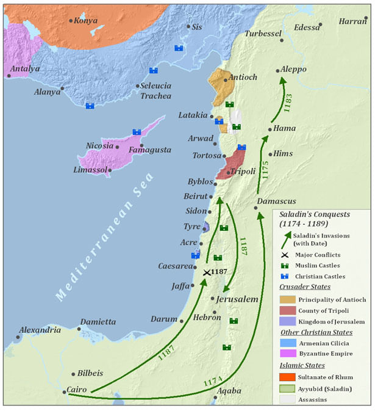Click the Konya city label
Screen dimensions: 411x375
click(x=86, y=20)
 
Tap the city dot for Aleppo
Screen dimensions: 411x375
click(x=278, y=71)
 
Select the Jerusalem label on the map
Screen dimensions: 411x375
click(x=238, y=299)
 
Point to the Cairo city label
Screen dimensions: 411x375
click(x=77, y=390)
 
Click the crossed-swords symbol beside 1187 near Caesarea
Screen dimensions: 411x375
click(x=207, y=272)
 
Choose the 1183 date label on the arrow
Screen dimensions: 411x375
click(x=288, y=102)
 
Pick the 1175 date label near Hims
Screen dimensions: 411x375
click(x=264, y=169)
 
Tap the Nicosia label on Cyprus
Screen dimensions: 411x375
click(x=99, y=146)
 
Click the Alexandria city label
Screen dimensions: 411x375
click(x=40, y=330)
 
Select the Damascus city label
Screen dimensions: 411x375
click(x=277, y=201)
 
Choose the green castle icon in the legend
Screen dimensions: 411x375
click(x=285, y=266)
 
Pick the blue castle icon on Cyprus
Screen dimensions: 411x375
click(x=137, y=132)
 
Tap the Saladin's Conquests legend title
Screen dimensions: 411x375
click(x=315, y=219)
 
